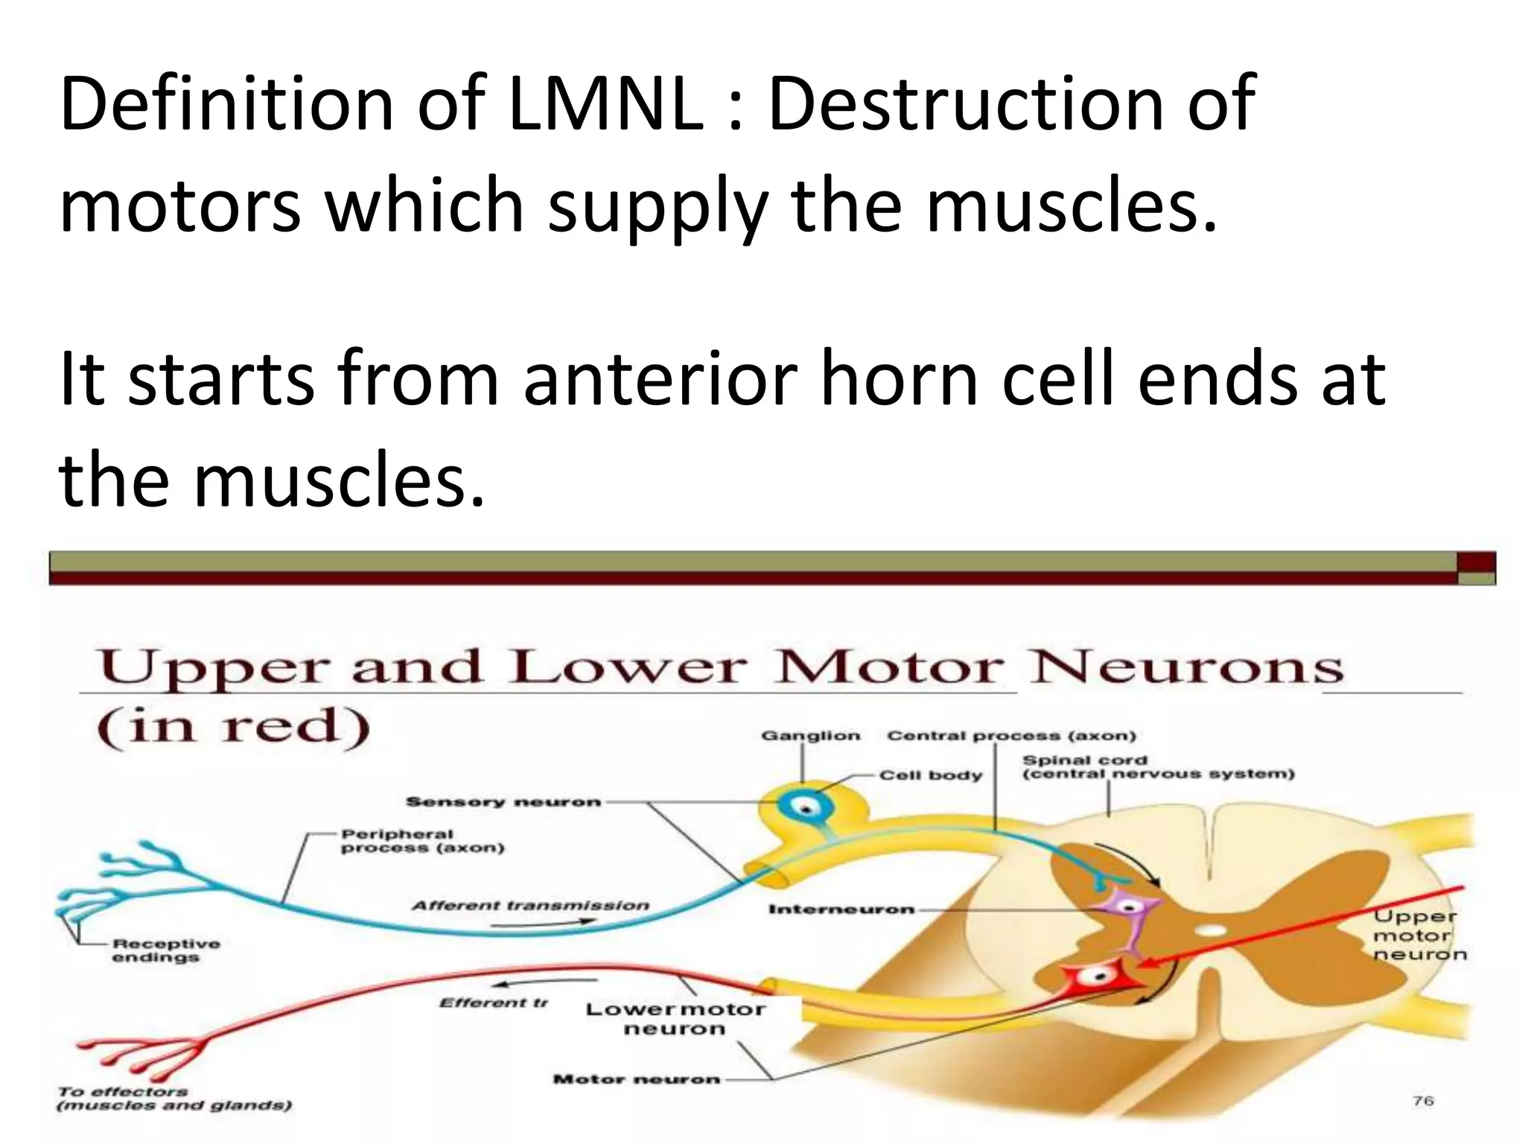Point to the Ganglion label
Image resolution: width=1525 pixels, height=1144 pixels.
[810, 736]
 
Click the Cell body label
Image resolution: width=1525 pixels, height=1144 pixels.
[931, 775]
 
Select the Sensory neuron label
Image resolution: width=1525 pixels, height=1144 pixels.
[503, 802]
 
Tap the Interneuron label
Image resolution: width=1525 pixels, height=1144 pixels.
[841, 909]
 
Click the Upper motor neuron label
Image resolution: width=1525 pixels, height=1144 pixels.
[1419, 935]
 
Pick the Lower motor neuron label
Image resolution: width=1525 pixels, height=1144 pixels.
[675, 1019]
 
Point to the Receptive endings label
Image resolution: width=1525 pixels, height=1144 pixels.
[165, 950]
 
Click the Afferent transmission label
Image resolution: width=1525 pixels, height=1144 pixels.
[530, 906]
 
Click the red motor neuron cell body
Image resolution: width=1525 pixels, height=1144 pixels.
[1098, 976]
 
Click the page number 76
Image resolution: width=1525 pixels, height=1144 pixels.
[1423, 1101]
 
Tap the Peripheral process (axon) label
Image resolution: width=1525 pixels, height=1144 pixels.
[422, 841]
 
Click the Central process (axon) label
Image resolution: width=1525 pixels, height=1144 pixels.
[1011, 736]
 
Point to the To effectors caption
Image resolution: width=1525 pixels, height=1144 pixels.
[173, 1099]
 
